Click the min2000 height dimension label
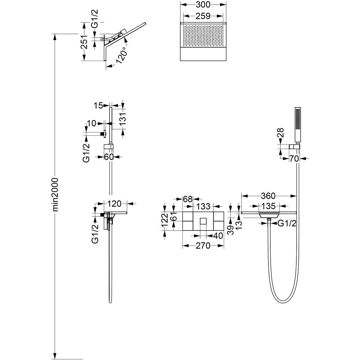pos(56,194)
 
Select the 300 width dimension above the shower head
pos(203,4)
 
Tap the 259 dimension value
pos(203,16)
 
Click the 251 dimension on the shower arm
pos(84,42)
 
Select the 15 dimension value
pos(98,105)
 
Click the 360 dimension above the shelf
pos(268,196)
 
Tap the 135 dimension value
pos(268,206)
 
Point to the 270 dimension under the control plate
pos(203,246)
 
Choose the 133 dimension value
pos(203,206)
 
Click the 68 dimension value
pos(188,199)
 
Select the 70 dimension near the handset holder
pos(294,159)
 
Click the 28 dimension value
pos(281,133)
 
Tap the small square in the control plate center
pos(203,221)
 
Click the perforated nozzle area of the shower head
pos(203,35)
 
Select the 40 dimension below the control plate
pos(218,236)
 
